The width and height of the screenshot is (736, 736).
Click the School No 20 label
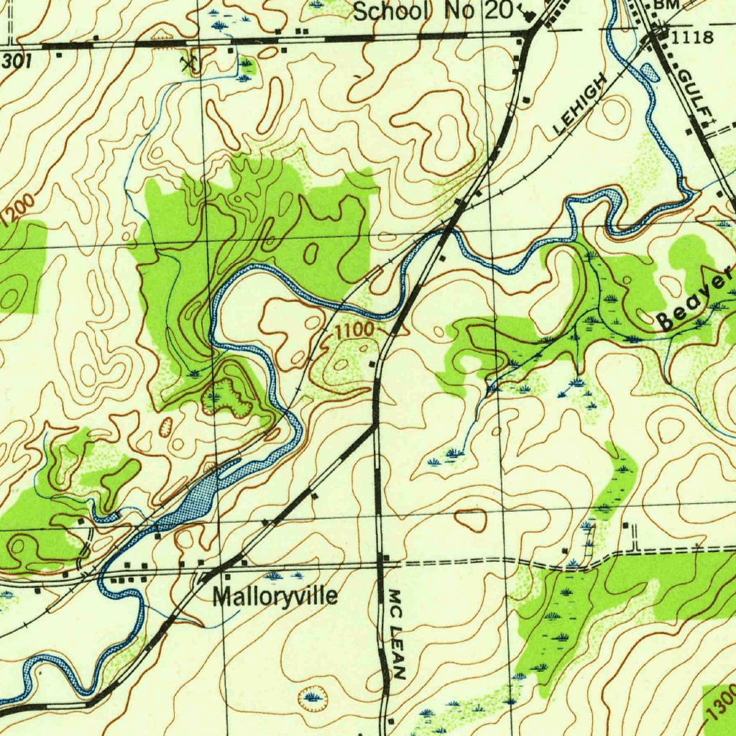coord(433,11)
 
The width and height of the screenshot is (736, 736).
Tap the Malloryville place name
coord(275,597)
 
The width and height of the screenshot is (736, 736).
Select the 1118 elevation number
coord(694,37)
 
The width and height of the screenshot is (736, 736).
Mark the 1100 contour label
coord(355,331)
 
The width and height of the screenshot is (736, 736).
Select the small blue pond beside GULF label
coord(648,71)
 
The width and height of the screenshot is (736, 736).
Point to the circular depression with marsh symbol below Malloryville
coord(313,695)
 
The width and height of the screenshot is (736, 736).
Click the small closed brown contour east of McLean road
coord(471,519)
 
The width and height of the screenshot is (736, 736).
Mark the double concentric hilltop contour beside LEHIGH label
coord(615,112)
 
